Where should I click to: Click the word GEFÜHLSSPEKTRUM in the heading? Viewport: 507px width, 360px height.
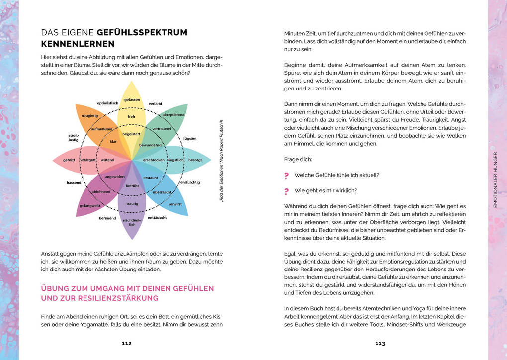click(x=142, y=33)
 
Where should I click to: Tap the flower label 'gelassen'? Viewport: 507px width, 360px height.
click(x=132, y=100)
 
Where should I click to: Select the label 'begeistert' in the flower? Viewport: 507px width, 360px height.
click(x=132, y=134)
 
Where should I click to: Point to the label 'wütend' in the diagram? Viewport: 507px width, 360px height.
click(x=107, y=160)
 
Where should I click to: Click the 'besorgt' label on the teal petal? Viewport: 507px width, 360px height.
click(x=195, y=160)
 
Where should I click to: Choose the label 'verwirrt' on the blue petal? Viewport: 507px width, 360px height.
click(x=175, y=204)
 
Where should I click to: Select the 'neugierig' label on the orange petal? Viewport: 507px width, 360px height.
click(x=89, y=115)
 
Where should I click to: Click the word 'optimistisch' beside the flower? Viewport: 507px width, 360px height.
click(x=107, y=103)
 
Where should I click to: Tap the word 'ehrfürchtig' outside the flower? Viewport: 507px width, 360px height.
click(x=190, y=182)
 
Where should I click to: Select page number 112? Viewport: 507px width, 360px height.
click(x=127, y=343)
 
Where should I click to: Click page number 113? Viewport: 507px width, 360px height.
click(x=380, y=343)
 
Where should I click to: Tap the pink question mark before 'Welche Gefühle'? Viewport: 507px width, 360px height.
click(x=286, y=175)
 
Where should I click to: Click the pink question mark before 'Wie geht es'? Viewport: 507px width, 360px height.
click(x=286, y=191)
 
